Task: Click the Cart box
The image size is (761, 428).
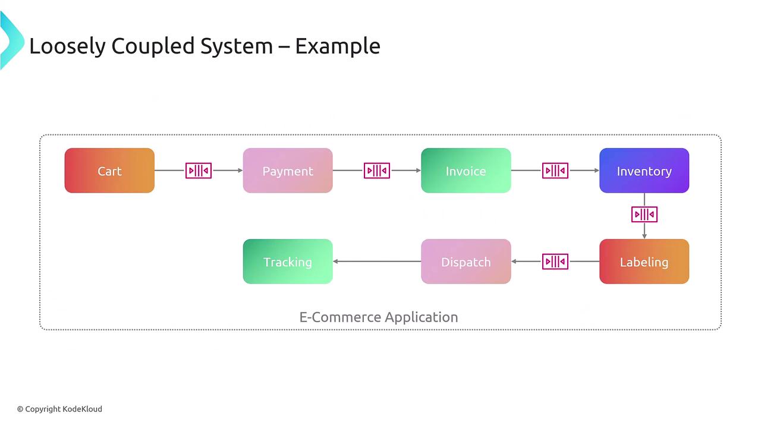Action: click(x=109, y=171)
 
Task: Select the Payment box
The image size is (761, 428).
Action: click(x=288, y=171)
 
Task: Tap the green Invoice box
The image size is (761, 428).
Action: click(x=466, y=171)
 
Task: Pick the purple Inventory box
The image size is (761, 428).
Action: click(x=644, y=171)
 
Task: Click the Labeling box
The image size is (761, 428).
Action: click(x=644, y=262)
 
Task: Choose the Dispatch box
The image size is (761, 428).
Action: click(x=466, y=262)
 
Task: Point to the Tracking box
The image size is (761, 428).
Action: click(x=288, y=262)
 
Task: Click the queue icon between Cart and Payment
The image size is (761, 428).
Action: click(x=199, y=171)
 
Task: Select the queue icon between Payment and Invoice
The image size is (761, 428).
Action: click(x=377, y=171)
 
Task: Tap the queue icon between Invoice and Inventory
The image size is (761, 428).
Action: click(x=555, y=171)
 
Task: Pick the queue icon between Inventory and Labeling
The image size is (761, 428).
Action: click(x=644, y=214)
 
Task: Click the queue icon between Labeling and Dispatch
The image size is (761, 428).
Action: click(x=555, y=262)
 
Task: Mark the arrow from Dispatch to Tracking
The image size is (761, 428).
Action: click(x=377, y=262)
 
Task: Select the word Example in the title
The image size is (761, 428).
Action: click(x=337, y=46)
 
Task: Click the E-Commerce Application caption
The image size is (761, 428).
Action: click(x=379, y=317)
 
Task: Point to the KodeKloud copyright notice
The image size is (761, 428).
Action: click(x=59, y=409)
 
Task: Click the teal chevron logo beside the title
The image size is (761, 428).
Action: click(x=10, y=42)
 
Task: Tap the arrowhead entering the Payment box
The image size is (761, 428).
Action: click(x=240, y=171)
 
